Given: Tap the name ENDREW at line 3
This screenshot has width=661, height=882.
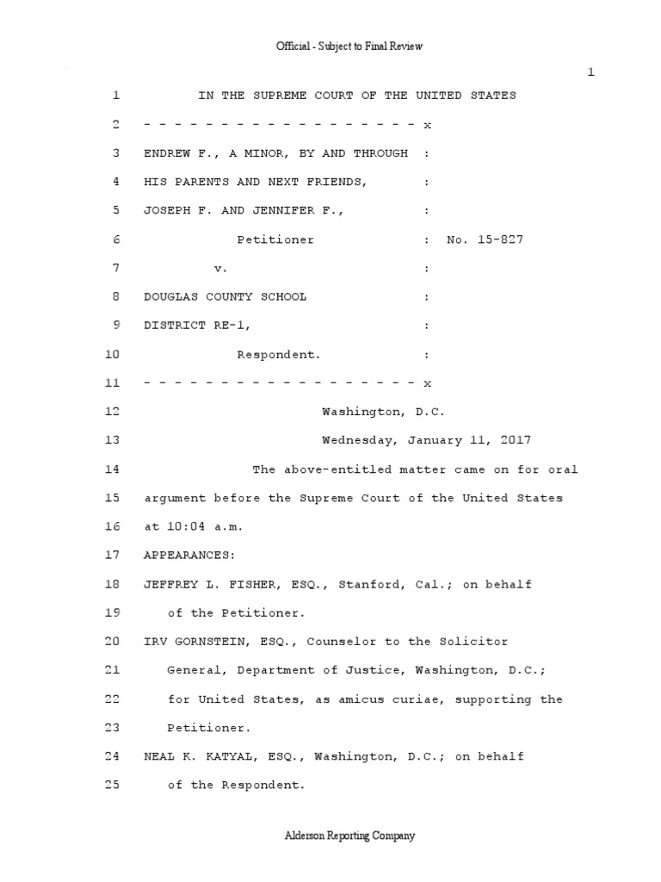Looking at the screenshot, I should click(167, 153).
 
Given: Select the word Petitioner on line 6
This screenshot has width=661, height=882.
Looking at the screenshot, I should click(275, 239).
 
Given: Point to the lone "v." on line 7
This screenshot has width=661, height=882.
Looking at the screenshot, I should click(221, 268).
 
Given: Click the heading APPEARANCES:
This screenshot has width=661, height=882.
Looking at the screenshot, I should click(186, 556).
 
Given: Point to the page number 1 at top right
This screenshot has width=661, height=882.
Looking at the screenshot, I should click(590, 72).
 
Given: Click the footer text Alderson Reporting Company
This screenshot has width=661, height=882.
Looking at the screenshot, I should click(349, 835).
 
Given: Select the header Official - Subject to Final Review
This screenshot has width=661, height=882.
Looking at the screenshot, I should click(349, 46).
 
